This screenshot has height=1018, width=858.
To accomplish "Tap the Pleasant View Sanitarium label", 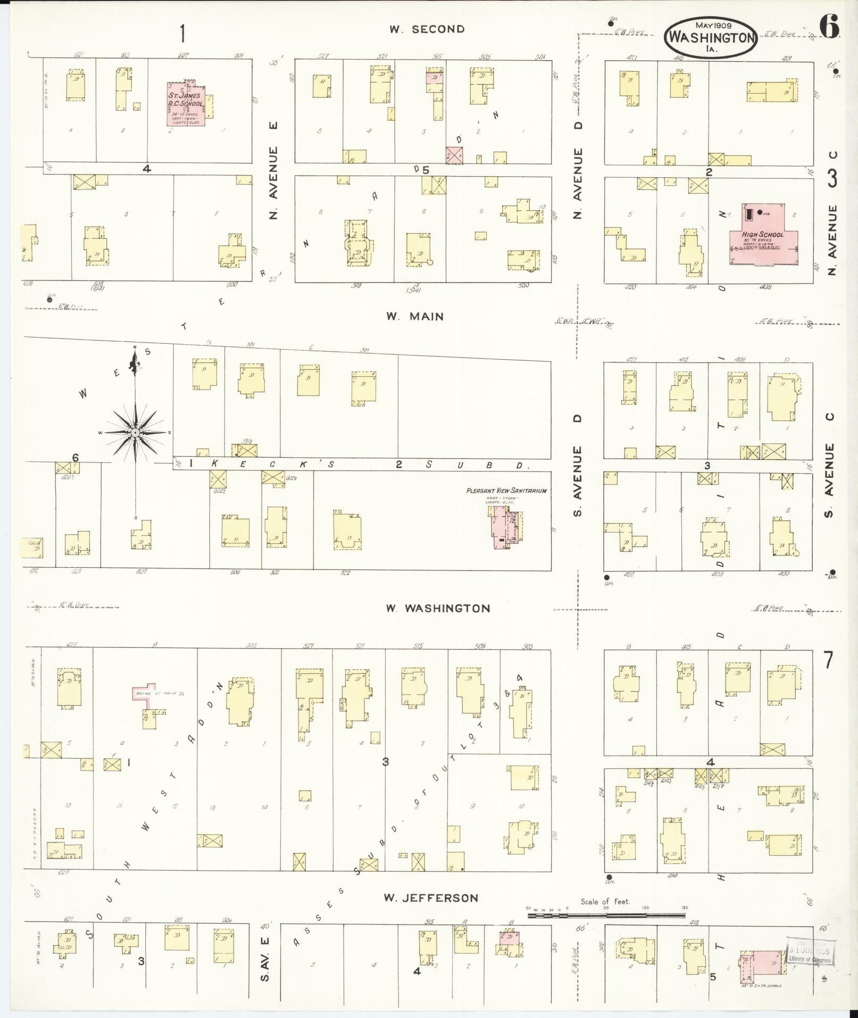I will pos(506,491).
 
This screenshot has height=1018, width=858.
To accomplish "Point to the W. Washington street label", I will pos(438,608).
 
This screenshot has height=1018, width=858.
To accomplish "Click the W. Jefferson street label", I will pos(431,898).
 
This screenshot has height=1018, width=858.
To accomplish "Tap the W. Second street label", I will pos(427,29).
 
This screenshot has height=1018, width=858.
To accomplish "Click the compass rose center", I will pos(136,433).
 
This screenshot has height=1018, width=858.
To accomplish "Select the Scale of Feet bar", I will pos(606,915).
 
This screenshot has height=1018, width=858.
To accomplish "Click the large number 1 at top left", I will pos(182,34).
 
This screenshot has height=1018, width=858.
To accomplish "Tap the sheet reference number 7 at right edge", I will pos(828,660).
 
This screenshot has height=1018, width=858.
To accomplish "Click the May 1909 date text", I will pos(713,24).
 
